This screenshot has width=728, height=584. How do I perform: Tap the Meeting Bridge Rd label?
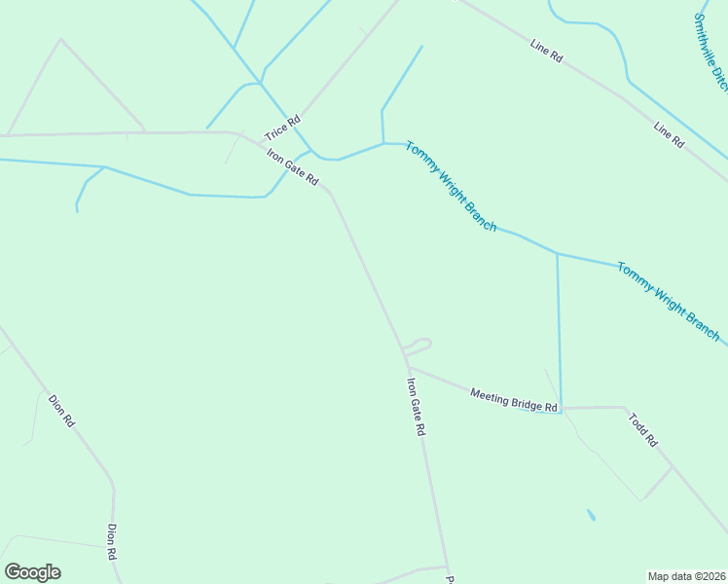pos(514,399)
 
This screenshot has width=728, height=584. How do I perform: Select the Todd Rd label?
pos(643,430)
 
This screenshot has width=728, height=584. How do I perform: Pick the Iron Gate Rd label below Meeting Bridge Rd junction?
pos(417,406)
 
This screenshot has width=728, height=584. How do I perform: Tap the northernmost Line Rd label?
pos(547,51)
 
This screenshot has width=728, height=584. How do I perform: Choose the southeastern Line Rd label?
pos(670,134)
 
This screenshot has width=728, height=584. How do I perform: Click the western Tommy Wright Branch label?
pos(452,187)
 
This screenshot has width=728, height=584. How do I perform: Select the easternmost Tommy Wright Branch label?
pos(669,301)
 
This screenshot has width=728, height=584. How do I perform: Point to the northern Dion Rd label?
pos(61,410)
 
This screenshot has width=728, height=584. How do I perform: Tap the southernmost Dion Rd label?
pos(113,541)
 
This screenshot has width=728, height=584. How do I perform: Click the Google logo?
pos(32,572)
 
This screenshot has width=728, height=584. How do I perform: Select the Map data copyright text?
pos(686,575)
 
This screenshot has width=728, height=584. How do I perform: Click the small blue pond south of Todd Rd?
pos(591,515)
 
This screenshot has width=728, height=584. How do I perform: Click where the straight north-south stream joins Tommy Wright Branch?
pos(558,253)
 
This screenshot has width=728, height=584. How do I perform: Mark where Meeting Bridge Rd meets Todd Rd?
pos(623,407)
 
